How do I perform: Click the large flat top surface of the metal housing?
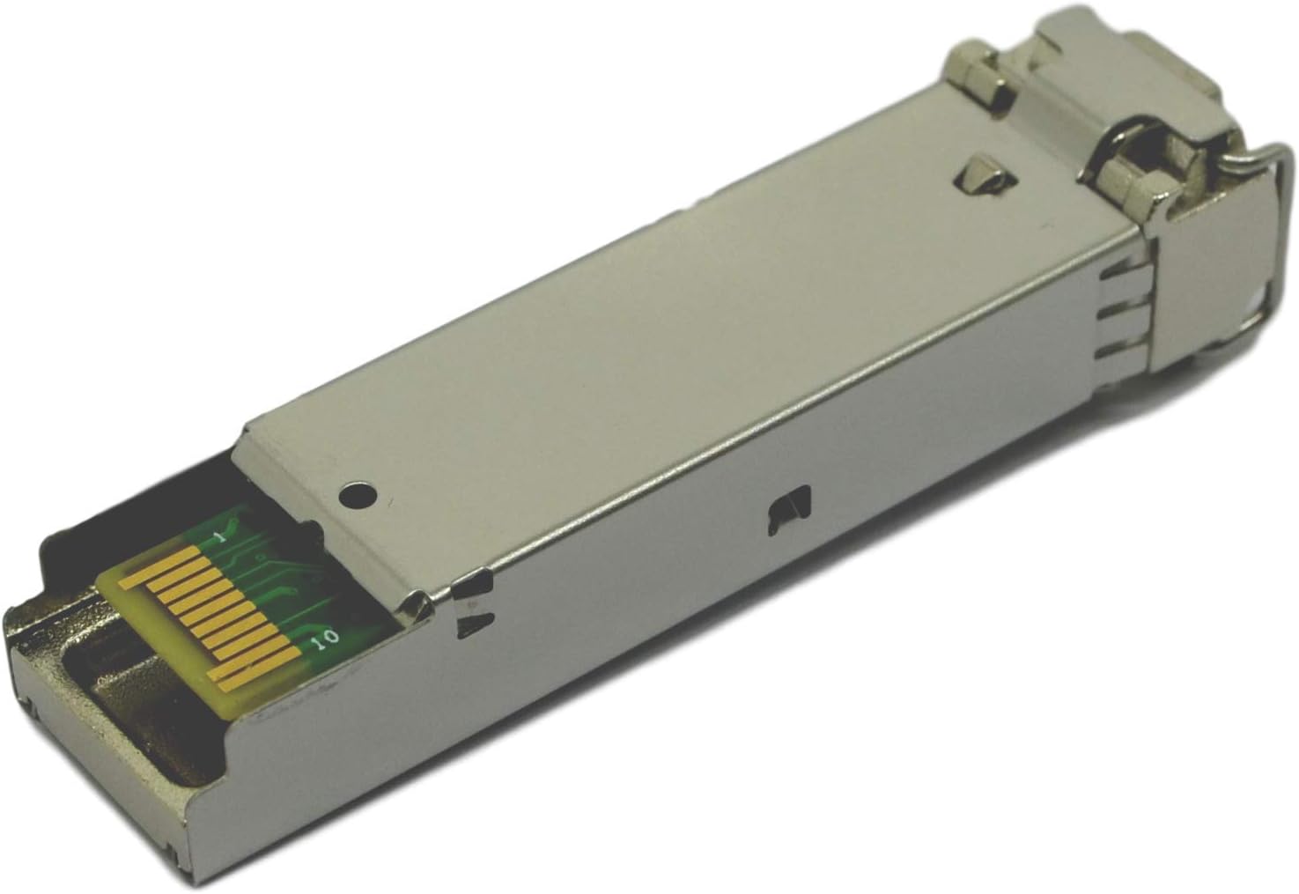[x=661, y=335]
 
